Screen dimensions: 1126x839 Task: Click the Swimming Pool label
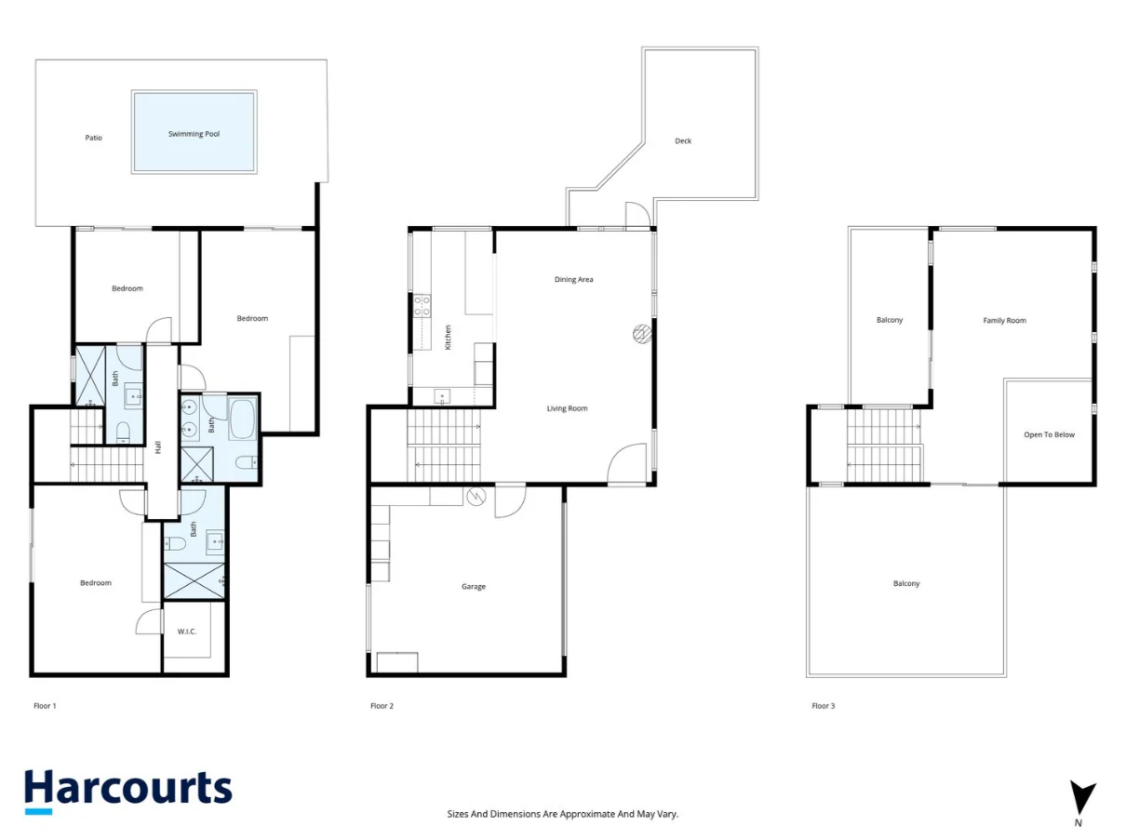pos(194,134)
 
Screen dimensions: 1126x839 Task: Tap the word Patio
pos(93,138)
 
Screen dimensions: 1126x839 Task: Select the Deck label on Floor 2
pos(682,140)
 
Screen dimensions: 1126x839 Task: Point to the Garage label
pos(473,586)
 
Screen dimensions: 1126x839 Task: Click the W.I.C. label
pos(187,632)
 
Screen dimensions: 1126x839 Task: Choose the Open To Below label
pos(1049,434)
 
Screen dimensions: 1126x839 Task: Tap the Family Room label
pos(1004,320)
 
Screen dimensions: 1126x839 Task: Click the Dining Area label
pos(573,279)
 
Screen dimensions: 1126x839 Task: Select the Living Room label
pos(567,408)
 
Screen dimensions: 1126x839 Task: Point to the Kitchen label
pos(448,338)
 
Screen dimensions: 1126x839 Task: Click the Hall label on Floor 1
pos(158,446)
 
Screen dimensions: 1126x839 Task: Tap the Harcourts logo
pos(128,791)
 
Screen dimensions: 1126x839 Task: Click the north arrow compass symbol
pos(1081,797)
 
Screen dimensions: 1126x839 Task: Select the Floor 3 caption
pos(823,706)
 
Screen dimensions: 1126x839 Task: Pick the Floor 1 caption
pos(45,706)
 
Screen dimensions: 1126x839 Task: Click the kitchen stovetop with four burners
pos(422,305)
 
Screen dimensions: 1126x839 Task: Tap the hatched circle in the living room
pos(642,334)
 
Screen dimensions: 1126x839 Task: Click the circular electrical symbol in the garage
pos(476,496)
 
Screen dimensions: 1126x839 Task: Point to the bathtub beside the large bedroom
pos(242,419)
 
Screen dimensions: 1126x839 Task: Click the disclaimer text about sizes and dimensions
pos(562,814)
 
